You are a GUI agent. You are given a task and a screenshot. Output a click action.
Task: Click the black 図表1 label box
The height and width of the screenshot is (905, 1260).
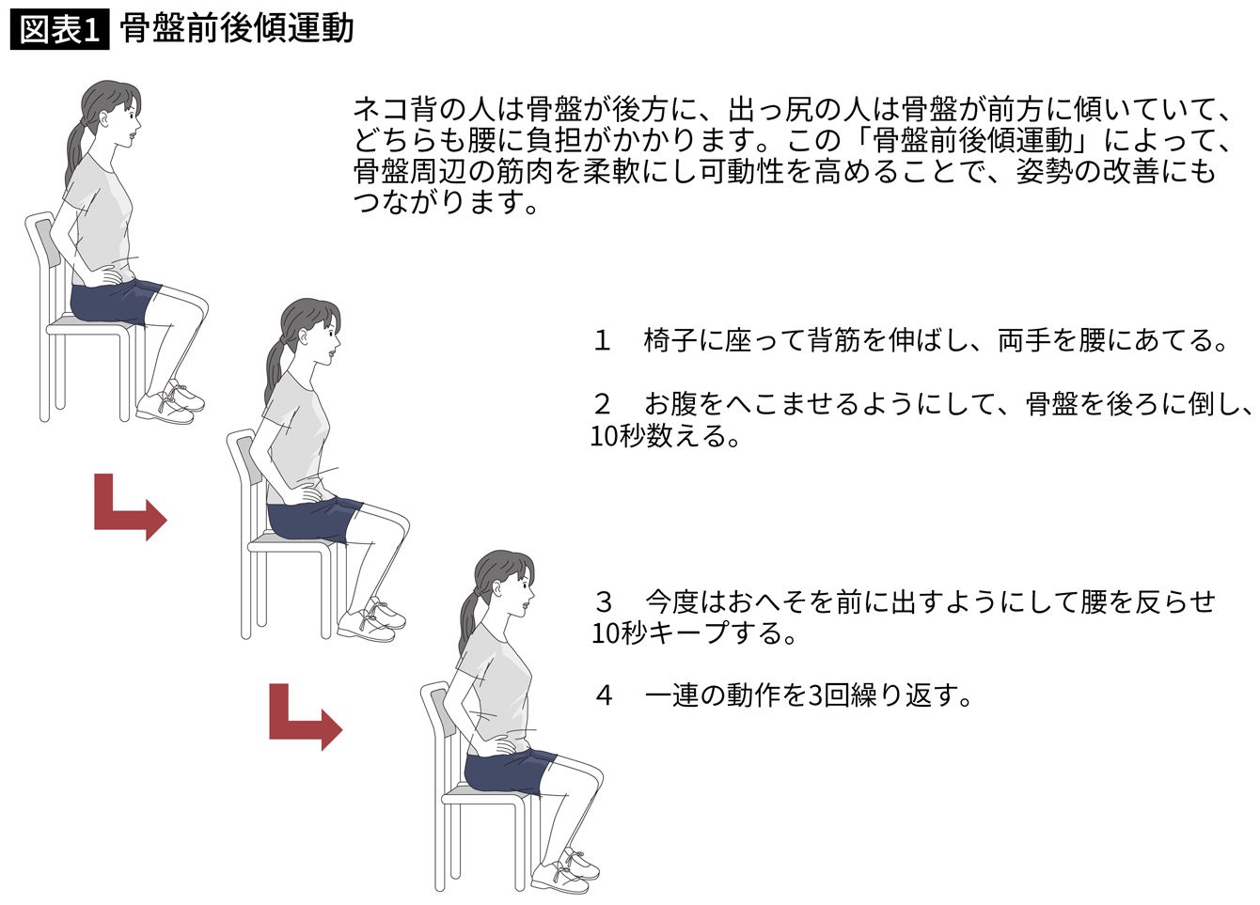59,30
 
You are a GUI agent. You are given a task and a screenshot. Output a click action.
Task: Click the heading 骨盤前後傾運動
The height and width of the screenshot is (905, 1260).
237,29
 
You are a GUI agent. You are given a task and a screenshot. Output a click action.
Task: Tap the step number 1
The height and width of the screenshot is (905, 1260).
602,340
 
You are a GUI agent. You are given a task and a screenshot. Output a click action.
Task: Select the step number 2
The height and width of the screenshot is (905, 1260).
603,403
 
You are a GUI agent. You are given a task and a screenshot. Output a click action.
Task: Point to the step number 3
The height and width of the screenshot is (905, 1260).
604,601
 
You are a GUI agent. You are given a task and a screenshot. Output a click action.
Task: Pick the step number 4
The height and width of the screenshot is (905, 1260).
604,695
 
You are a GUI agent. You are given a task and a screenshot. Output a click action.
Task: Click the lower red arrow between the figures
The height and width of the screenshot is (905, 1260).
306,717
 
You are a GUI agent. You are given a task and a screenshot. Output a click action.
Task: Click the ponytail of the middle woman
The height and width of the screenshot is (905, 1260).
275,368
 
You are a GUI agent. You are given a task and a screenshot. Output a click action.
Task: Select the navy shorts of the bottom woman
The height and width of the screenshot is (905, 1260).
509,770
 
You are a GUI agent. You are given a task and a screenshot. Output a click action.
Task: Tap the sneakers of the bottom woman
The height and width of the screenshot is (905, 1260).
565,873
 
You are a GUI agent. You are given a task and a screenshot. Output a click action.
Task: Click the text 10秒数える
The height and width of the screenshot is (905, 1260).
664,436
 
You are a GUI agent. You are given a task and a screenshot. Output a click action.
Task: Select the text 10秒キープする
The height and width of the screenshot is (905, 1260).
694,633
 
